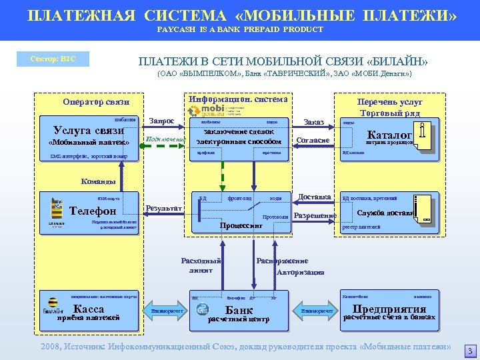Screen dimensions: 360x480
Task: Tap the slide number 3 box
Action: coord(469,351)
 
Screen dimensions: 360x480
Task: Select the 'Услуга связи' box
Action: coord(89,130)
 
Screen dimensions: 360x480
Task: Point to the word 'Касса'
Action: coord(89,309)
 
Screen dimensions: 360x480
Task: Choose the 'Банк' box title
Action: coord(239,310)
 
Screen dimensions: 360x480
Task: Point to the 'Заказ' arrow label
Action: coord(313,122)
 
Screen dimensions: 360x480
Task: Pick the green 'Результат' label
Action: coord(164,208)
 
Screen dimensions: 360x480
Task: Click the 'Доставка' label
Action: coord(315,197)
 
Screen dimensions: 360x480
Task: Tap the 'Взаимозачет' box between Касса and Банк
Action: coord(167,311)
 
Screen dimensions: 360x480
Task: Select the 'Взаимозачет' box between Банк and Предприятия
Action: coord(317,311)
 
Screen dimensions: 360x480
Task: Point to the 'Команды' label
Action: coord(98,181)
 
